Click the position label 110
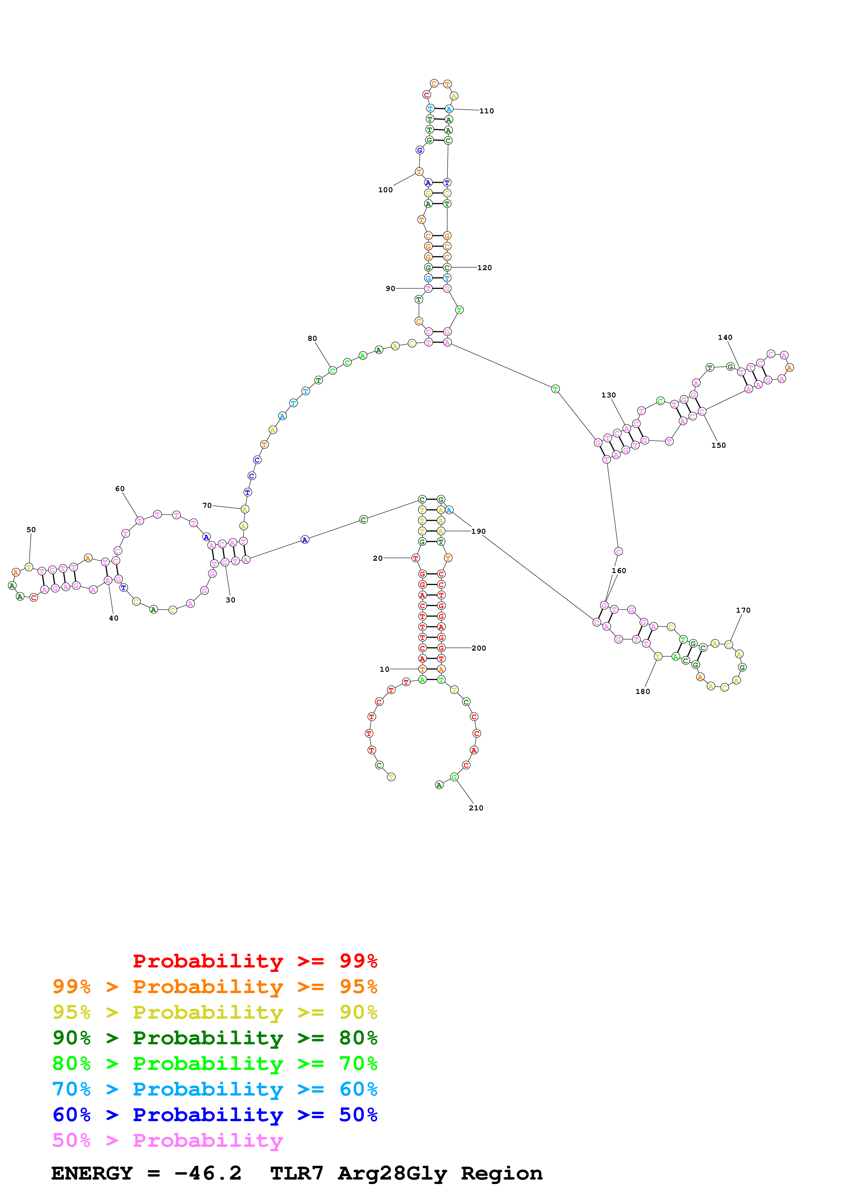(487, 111)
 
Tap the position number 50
(31, 530)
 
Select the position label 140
(725, 338)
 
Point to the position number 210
(476, 808)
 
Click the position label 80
(312, 339)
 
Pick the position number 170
(743, 610)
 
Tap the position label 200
(479, 648)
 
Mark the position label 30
(230, 600)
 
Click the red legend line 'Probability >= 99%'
(255, 961)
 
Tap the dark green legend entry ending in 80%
(215, 1038)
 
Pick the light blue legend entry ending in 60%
(215, 1089)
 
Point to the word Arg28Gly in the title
(393, 1173)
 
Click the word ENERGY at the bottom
(92, 1173)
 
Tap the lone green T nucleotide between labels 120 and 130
(555, 389)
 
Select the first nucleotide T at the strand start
(391, 777)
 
